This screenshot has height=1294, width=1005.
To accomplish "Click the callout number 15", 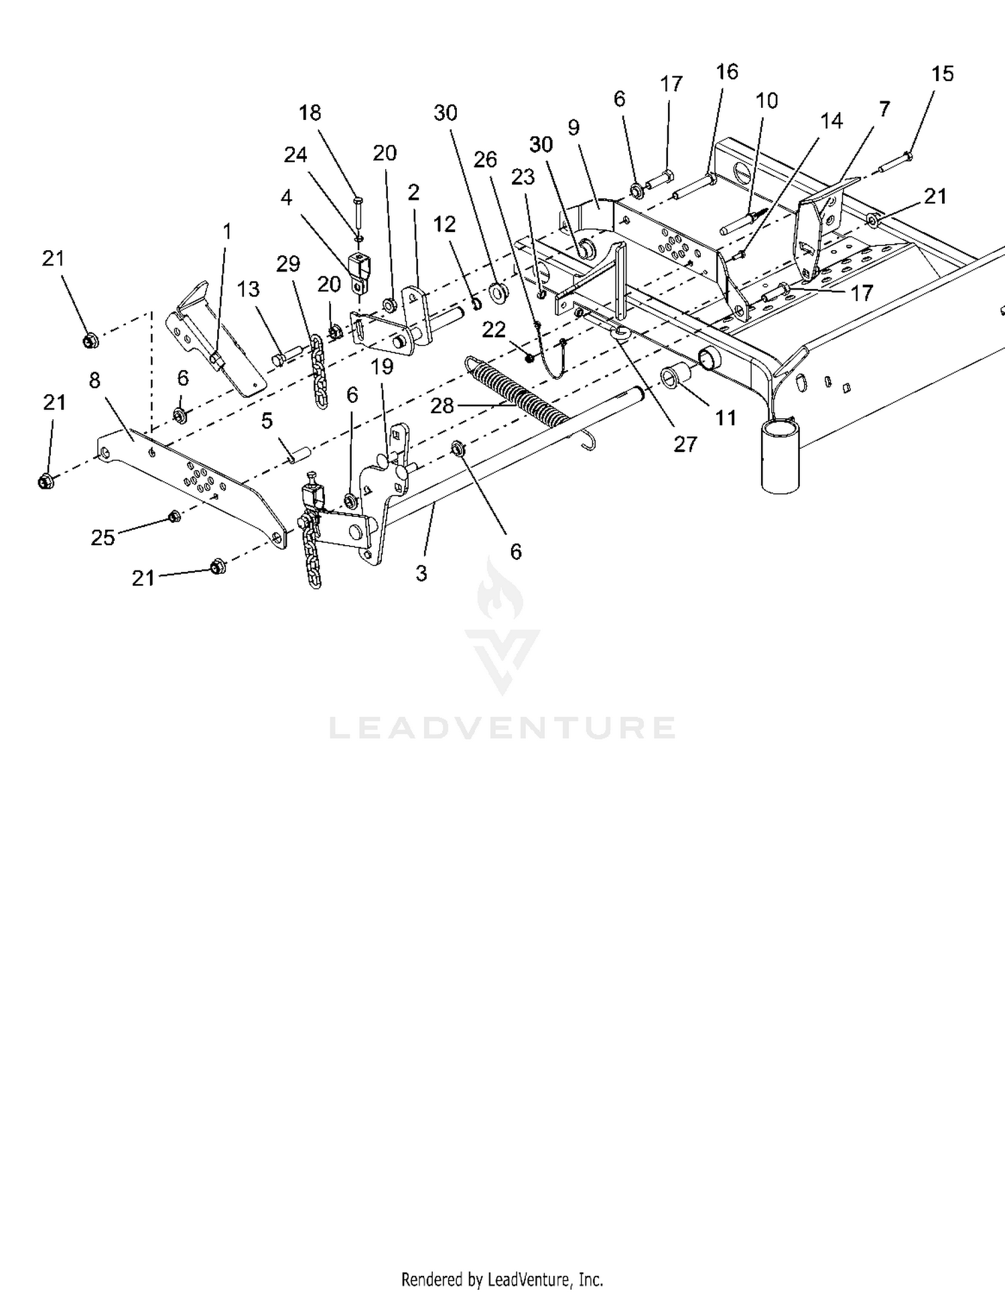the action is (x=942, y=74).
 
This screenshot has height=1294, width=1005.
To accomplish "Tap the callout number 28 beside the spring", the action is (x=442, y=406).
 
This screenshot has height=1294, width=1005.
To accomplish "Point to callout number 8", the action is (x=94, y=380).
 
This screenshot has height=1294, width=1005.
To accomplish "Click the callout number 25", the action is (x=103, y=538).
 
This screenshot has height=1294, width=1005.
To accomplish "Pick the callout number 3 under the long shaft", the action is (x=421, y=573).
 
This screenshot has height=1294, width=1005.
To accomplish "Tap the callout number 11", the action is (x=726, y=418).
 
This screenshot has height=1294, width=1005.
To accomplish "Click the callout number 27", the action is (x=685, y=444).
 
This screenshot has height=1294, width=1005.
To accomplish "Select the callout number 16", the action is (x=727, y=72).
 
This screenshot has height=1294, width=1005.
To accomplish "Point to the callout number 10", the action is (x=766, y=101).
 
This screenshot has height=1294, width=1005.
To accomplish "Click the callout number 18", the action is (x=310, y=113).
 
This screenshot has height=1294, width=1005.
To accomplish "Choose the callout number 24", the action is (x=295, y=155).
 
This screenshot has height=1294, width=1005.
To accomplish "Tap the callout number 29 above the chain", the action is (x=288, y=264).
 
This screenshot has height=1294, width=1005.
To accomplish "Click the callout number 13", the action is (x=248, y=289).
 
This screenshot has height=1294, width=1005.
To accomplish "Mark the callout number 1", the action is (x=227, y=232).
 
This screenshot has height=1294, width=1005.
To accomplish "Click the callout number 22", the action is (x=494, y=330).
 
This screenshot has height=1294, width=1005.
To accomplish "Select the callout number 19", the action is (x=383, y=367).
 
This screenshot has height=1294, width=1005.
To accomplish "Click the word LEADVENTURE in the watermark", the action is (x=502, y=727).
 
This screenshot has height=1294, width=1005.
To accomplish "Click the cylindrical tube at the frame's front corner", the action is (x=781, y=455).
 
